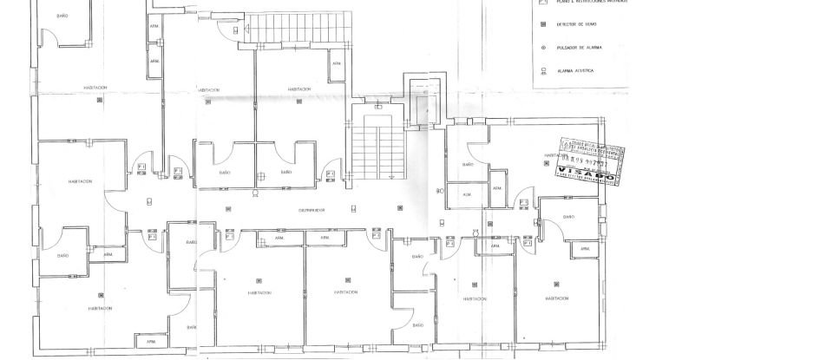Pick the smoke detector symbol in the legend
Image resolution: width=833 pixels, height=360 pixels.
point(542,26)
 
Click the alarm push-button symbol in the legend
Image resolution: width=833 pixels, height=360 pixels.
point(542,48)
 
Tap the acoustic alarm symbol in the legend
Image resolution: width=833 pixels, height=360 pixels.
point(542,70)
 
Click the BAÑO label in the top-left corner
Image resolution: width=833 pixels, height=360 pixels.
point(62,16)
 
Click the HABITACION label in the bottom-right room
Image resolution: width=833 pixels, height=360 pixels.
point(557,298)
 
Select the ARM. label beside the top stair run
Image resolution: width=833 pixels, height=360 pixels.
point(336,63)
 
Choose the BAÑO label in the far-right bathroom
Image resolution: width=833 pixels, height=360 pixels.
point(568,217)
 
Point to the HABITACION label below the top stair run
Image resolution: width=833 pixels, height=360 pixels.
point(300,89)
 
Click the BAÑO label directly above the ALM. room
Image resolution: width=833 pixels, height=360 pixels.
point(468,164)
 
